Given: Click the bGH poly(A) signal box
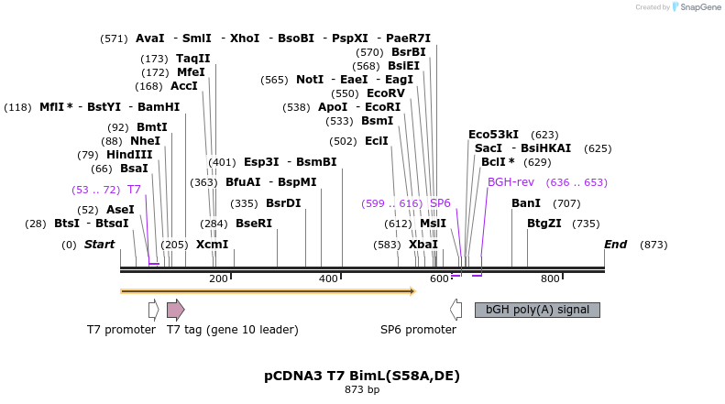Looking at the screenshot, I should pyautogui.click(x=537, y=310).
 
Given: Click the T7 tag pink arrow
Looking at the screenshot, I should pyautogui.click(x=175, y=310).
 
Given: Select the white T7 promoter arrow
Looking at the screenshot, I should pyautogui.click(x=153, y=310).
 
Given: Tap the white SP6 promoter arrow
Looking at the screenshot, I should pyautogui.click(x=455, y=310).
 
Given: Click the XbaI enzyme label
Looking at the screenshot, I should pyautogui.click(x=423, y=245).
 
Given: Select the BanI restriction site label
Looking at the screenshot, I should pyautogui.click(x=525, y=202).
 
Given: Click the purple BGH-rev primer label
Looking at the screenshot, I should pyautogui.click(x=511, y=182).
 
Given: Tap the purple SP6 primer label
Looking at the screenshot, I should pyautogui.click(x=440, y=203).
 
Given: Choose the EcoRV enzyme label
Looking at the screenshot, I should pyautogui.click(x=385, y=93).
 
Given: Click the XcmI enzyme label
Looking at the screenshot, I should pyautogui.click(x=212, y=245).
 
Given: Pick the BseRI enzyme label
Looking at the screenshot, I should pyautogui.click(x=254, y=224).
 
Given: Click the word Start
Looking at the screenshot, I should pyautogui.click(x=99, y=245).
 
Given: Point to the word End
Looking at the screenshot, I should pyautogui.click(x=615, y=245).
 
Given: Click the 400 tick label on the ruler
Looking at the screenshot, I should pyautogui.click(x=328, y=278).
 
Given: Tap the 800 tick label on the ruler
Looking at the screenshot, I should pyautogui.click(x=550, y=278).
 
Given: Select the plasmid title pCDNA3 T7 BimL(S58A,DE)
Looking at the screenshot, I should pyautogui.click(x=362, y=376).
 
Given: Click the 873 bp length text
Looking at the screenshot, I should pyautogui.click(x=362, y=389).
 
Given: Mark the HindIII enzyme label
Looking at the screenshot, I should pyautogui.click(x=129, y=155).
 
